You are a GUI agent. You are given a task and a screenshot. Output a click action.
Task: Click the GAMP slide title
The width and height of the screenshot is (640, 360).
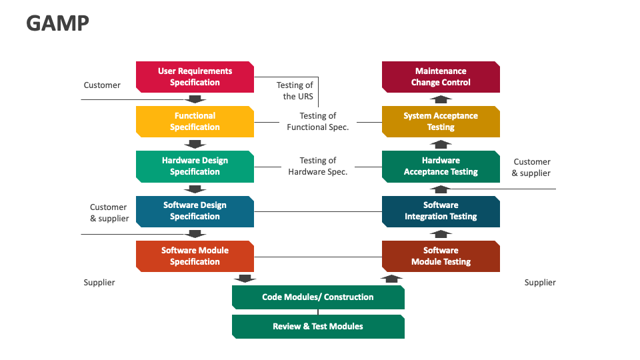[x=57, y=23]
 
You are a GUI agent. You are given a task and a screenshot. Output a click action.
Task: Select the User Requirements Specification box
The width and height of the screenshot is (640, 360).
[x=195, y=77]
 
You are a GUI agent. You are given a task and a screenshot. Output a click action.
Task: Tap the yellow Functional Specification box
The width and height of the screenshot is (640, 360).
[x=195, y=121]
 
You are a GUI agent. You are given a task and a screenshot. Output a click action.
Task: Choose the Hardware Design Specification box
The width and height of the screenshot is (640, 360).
[x=195, y=166]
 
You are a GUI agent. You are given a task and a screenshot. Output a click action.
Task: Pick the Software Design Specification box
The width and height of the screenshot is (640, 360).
[x=195, y=211]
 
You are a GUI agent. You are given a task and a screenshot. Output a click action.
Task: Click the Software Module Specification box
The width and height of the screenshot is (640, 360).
[x=195, y=256]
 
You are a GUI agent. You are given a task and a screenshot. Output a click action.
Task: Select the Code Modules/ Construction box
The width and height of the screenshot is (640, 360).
[x=318, y=297]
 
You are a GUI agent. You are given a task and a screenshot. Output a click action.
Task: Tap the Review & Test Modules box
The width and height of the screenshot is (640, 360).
[x=318, y=327]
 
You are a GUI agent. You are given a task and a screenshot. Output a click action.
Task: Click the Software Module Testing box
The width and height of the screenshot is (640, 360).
[x=441, y=256]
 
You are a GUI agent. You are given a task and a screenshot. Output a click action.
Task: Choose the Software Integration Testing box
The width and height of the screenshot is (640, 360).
[x=441, y=211]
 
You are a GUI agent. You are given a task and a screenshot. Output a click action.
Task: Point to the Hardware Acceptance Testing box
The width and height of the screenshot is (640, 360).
[x=441, y=166]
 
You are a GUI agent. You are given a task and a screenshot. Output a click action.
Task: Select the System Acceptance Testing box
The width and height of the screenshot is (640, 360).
[x=441, y=121]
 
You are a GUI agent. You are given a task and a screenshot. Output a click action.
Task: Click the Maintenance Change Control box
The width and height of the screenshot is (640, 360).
[x=441, y=77]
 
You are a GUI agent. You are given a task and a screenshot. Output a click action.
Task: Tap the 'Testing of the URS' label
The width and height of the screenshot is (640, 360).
[x=295, y=91]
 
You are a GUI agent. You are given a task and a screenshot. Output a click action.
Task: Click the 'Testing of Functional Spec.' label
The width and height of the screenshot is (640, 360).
[x=318, y=121]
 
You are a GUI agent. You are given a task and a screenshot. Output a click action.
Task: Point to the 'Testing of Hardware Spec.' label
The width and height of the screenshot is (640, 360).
[x=318, y=166]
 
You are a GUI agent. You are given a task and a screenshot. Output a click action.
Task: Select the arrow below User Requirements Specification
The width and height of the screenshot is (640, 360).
[x=195, y=99]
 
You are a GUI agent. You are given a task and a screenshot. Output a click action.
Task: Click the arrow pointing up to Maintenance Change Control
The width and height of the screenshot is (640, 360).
[x=440, y=99]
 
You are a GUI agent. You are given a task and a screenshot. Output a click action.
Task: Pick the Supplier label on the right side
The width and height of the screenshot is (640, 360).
[x=540, y=283]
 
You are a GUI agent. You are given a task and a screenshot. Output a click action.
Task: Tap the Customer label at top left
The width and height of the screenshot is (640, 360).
[x=102, y=85]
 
